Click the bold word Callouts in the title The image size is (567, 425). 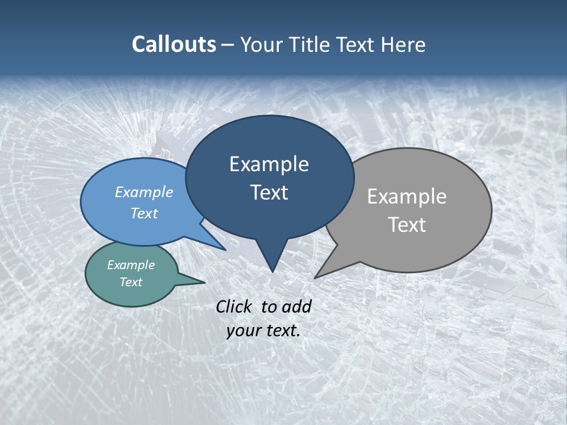click(174, 44)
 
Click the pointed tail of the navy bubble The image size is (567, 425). click(272, 260)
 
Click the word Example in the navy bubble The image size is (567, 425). click(269, 164)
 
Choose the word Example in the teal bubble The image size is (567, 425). click(131, 265)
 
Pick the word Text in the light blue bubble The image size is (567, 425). click(144, 213)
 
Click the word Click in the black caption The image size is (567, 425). click(235, 306)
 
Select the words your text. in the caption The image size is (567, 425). click(263, 331)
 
